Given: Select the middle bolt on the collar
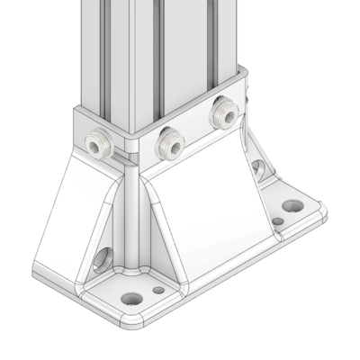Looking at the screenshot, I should [x=168, y=139].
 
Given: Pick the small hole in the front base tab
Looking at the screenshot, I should [x=158, y=290].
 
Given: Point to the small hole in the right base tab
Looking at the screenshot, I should [x=278, y=220].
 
